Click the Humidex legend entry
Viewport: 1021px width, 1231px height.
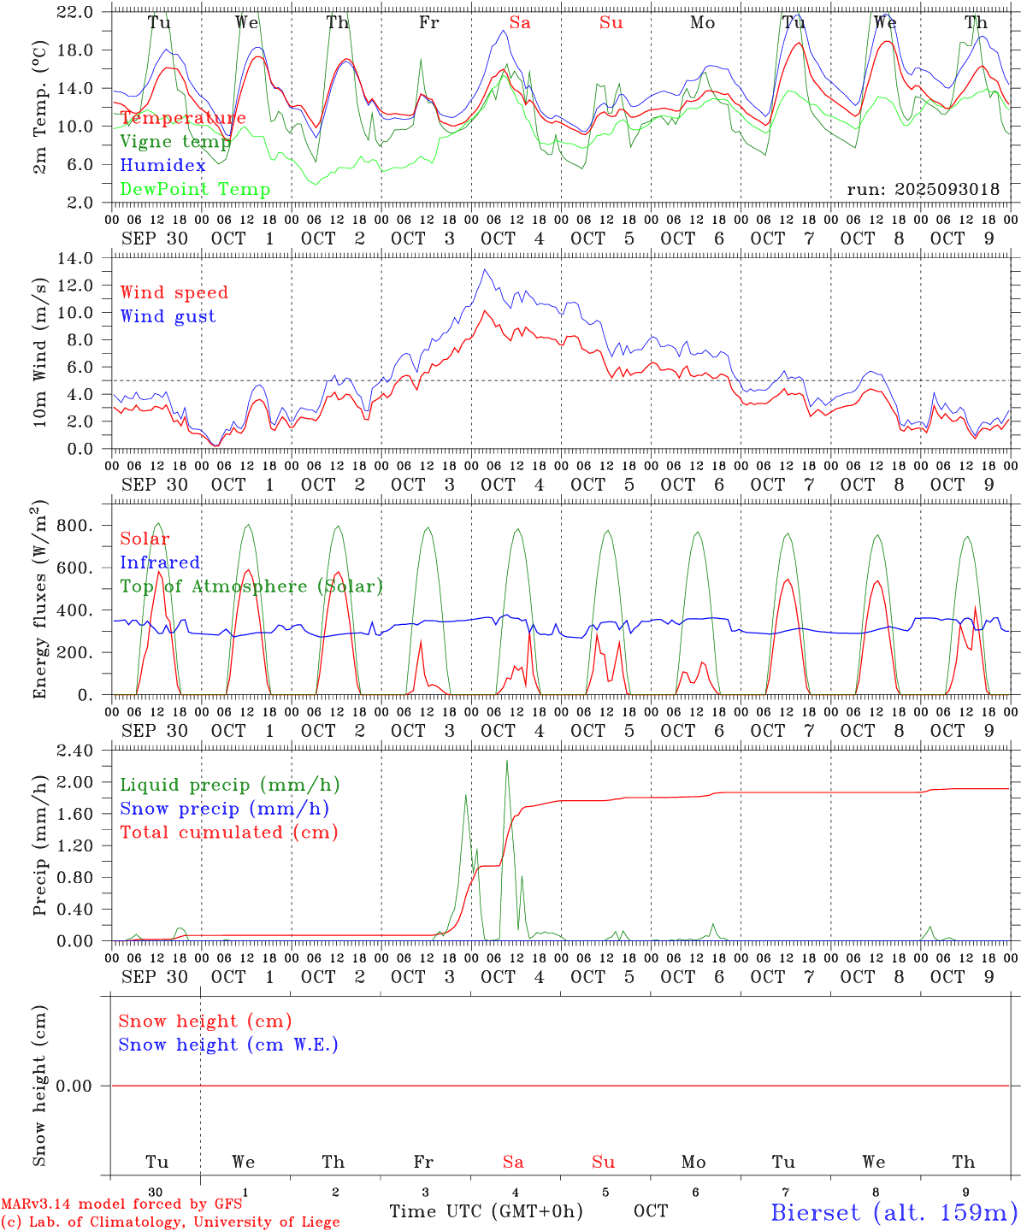click(x=162, y=166)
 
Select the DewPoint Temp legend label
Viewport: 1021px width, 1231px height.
click(x=195, y=190)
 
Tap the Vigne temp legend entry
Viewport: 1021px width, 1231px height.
click(x=174, y=142)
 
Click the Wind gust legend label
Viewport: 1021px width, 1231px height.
click(x=168, y=316)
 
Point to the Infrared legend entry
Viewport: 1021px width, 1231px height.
click(x=160, y=562)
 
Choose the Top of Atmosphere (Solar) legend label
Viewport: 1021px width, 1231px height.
click(x=251, y=586)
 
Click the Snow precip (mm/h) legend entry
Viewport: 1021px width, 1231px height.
click(x=224, y=809)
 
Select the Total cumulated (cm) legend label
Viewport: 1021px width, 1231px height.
click(x=228, y=833)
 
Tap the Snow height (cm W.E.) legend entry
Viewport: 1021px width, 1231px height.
click(x=227, y=1045)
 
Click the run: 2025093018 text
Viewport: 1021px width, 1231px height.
click(x=923, y=190)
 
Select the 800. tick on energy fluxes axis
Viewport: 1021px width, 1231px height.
click(x=74, y=526)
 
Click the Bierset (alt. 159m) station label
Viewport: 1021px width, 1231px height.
click(x=894, y=1212)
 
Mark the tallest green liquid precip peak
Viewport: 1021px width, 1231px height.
click(x=507, y=761)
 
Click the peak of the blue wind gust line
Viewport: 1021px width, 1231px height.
click(x=485, y=270)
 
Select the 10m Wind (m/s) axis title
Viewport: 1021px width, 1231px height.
click(x=40, y=353)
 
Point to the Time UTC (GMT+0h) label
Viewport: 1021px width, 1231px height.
click(x=486, y=1211)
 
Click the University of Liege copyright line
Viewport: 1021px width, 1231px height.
click(x=170, y=1222)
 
